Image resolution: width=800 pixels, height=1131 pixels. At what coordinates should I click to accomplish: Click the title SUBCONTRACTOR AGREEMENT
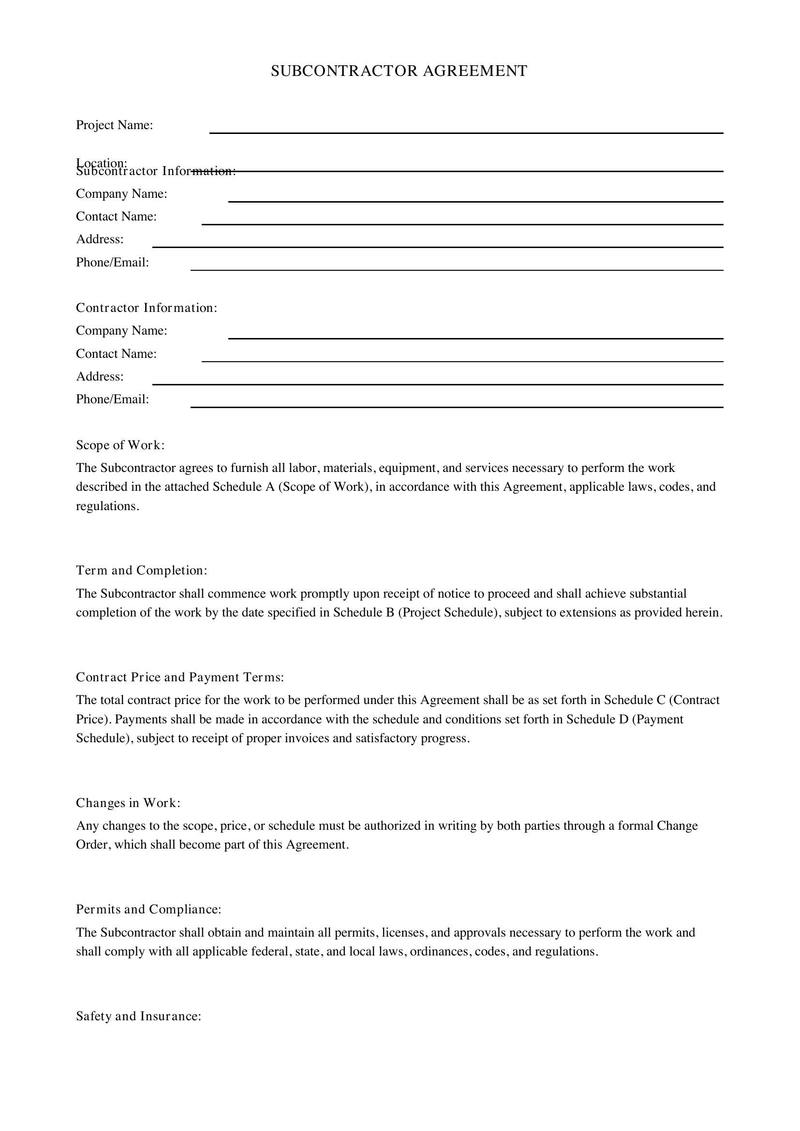tap(399, 71)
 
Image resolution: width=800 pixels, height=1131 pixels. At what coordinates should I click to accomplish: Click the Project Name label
tap(114, 125)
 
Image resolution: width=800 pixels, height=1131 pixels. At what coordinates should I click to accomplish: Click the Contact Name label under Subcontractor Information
tap(116, 217)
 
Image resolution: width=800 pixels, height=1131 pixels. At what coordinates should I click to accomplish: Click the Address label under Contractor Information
tap(100, 377)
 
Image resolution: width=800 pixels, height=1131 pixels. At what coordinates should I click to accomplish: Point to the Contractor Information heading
tap(146, 308)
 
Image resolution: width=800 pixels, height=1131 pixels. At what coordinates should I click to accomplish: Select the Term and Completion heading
tap(141, 571)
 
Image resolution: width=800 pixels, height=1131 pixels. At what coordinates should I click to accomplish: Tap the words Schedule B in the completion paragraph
tap(364, 613)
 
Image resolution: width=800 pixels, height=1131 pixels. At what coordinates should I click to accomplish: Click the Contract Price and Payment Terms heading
tap(180, 677)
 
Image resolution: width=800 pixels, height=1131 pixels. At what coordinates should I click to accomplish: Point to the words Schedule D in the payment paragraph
tap(597, 720)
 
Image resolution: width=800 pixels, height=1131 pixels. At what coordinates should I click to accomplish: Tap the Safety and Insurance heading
tap(138, 1016)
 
